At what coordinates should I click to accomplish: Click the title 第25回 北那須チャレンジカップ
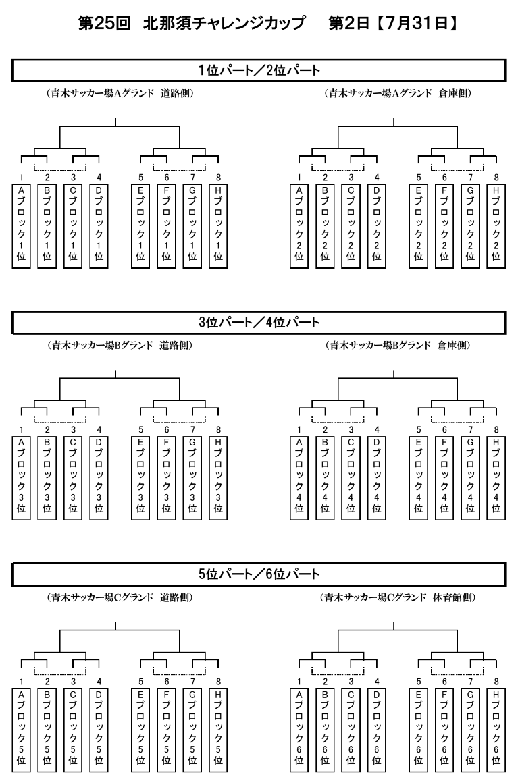click(192, 24)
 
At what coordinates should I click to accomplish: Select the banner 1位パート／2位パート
click(259, 70)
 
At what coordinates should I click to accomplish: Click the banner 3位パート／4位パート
click(259, 323)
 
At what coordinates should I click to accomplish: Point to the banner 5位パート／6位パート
click(259, 574)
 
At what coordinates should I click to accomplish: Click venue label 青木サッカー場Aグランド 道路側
click(120, 93)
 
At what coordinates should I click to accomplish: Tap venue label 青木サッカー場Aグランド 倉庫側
click(398, 93)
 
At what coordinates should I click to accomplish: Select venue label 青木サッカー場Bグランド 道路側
click(120, 346)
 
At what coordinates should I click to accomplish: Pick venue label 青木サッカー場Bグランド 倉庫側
click(398, 346)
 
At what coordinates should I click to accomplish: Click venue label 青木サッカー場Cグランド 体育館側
click(398, 597)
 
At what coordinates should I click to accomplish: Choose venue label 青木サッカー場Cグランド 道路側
click(120, 597)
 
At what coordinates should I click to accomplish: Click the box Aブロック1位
click(21, 226)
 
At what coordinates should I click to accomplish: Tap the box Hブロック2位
click(496, 226)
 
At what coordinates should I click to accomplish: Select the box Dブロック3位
click(99, 479)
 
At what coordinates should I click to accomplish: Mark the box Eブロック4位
click(419, 479)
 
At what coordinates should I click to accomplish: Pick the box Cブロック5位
click(73, 730)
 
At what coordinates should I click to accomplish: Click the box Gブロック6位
click(470, 730)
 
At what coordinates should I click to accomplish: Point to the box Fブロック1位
click(166, 226)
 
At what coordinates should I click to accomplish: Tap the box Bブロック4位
click(326, 479)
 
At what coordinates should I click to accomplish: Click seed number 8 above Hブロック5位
click(218, 682)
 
